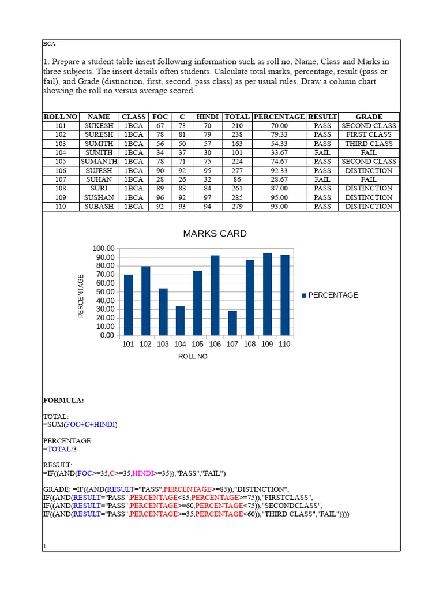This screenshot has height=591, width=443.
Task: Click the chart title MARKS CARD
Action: pos(215,234)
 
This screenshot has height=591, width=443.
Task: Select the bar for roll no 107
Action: pos(232,323)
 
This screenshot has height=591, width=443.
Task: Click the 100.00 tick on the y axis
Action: pos(102,248)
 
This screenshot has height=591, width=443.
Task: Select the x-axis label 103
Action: pos(163,345)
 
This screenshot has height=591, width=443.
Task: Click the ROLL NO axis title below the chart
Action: pos(193,357)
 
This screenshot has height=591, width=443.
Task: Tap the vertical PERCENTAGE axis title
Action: pos(81,295)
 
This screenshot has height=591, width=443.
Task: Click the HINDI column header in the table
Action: pos(208,117)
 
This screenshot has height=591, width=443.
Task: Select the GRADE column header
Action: pos(369,117)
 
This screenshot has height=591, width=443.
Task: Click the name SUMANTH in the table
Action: pos(99,162)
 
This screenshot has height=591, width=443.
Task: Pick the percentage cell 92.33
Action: pos(280,171)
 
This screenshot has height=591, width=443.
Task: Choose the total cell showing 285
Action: pos(237,197)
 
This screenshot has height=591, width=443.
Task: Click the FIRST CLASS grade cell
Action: pos(369,134)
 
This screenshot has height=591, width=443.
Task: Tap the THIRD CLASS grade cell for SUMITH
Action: pos(369,144)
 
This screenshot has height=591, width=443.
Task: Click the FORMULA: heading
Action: pos(63,400)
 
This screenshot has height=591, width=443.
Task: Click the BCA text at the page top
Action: pos(50,44)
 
